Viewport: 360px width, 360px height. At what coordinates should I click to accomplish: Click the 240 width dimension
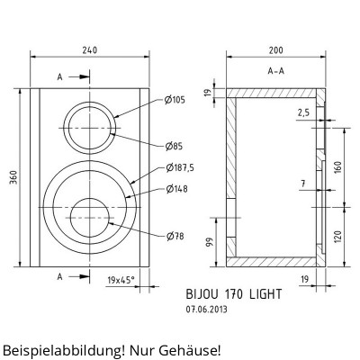coord(89,50)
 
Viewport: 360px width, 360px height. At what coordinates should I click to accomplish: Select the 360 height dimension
coord(13,178)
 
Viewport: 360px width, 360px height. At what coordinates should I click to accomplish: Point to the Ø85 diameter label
coord(173,146)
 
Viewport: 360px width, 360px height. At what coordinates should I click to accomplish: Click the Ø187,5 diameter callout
coord(178,167)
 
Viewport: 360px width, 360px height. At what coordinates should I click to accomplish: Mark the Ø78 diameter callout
coord(173,236)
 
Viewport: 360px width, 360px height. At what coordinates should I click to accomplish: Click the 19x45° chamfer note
coord(120,281)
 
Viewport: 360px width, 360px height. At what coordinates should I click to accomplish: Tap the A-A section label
coord(277,70)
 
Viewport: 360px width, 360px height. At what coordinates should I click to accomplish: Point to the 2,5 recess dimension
coord(302,112)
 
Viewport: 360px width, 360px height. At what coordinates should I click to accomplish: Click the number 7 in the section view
coord(303,184)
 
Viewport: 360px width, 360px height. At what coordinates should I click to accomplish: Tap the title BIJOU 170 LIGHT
coord(234,293)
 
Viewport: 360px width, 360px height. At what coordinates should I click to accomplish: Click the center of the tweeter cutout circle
coord(89,128)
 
